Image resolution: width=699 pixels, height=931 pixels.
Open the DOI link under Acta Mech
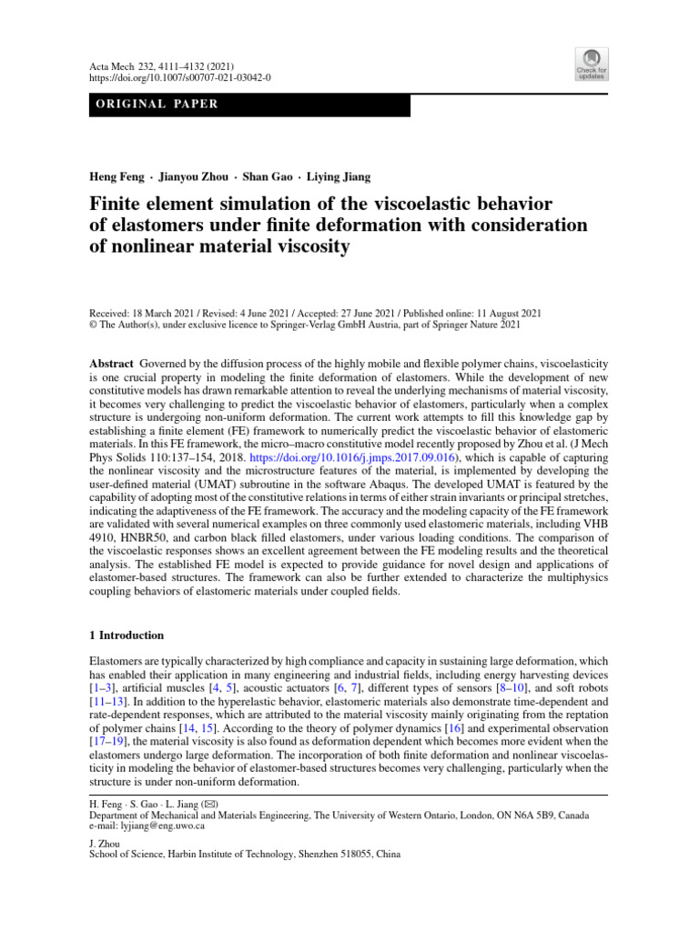coord(180,78)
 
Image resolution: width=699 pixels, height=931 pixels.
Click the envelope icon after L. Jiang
coord(211,803)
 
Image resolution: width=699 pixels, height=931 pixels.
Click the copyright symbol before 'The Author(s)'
coord(93,323)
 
